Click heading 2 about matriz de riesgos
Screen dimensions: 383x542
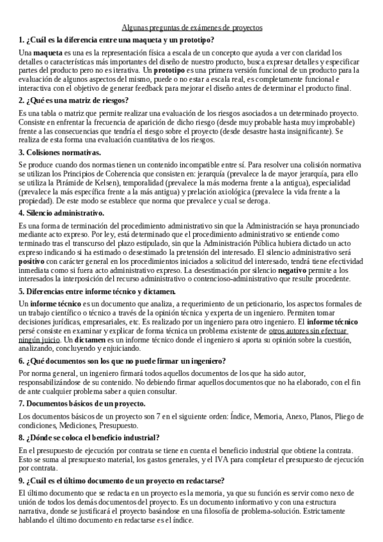click(x=74, y=100)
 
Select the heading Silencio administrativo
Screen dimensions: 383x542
click(x=61, y=213)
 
